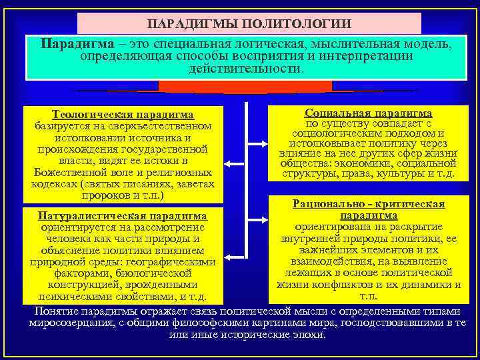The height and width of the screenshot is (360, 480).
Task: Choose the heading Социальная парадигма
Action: (368, 114)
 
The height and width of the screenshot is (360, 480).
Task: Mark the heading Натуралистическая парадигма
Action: (123, 216)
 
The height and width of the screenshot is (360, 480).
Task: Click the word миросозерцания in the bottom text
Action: (68, 323)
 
